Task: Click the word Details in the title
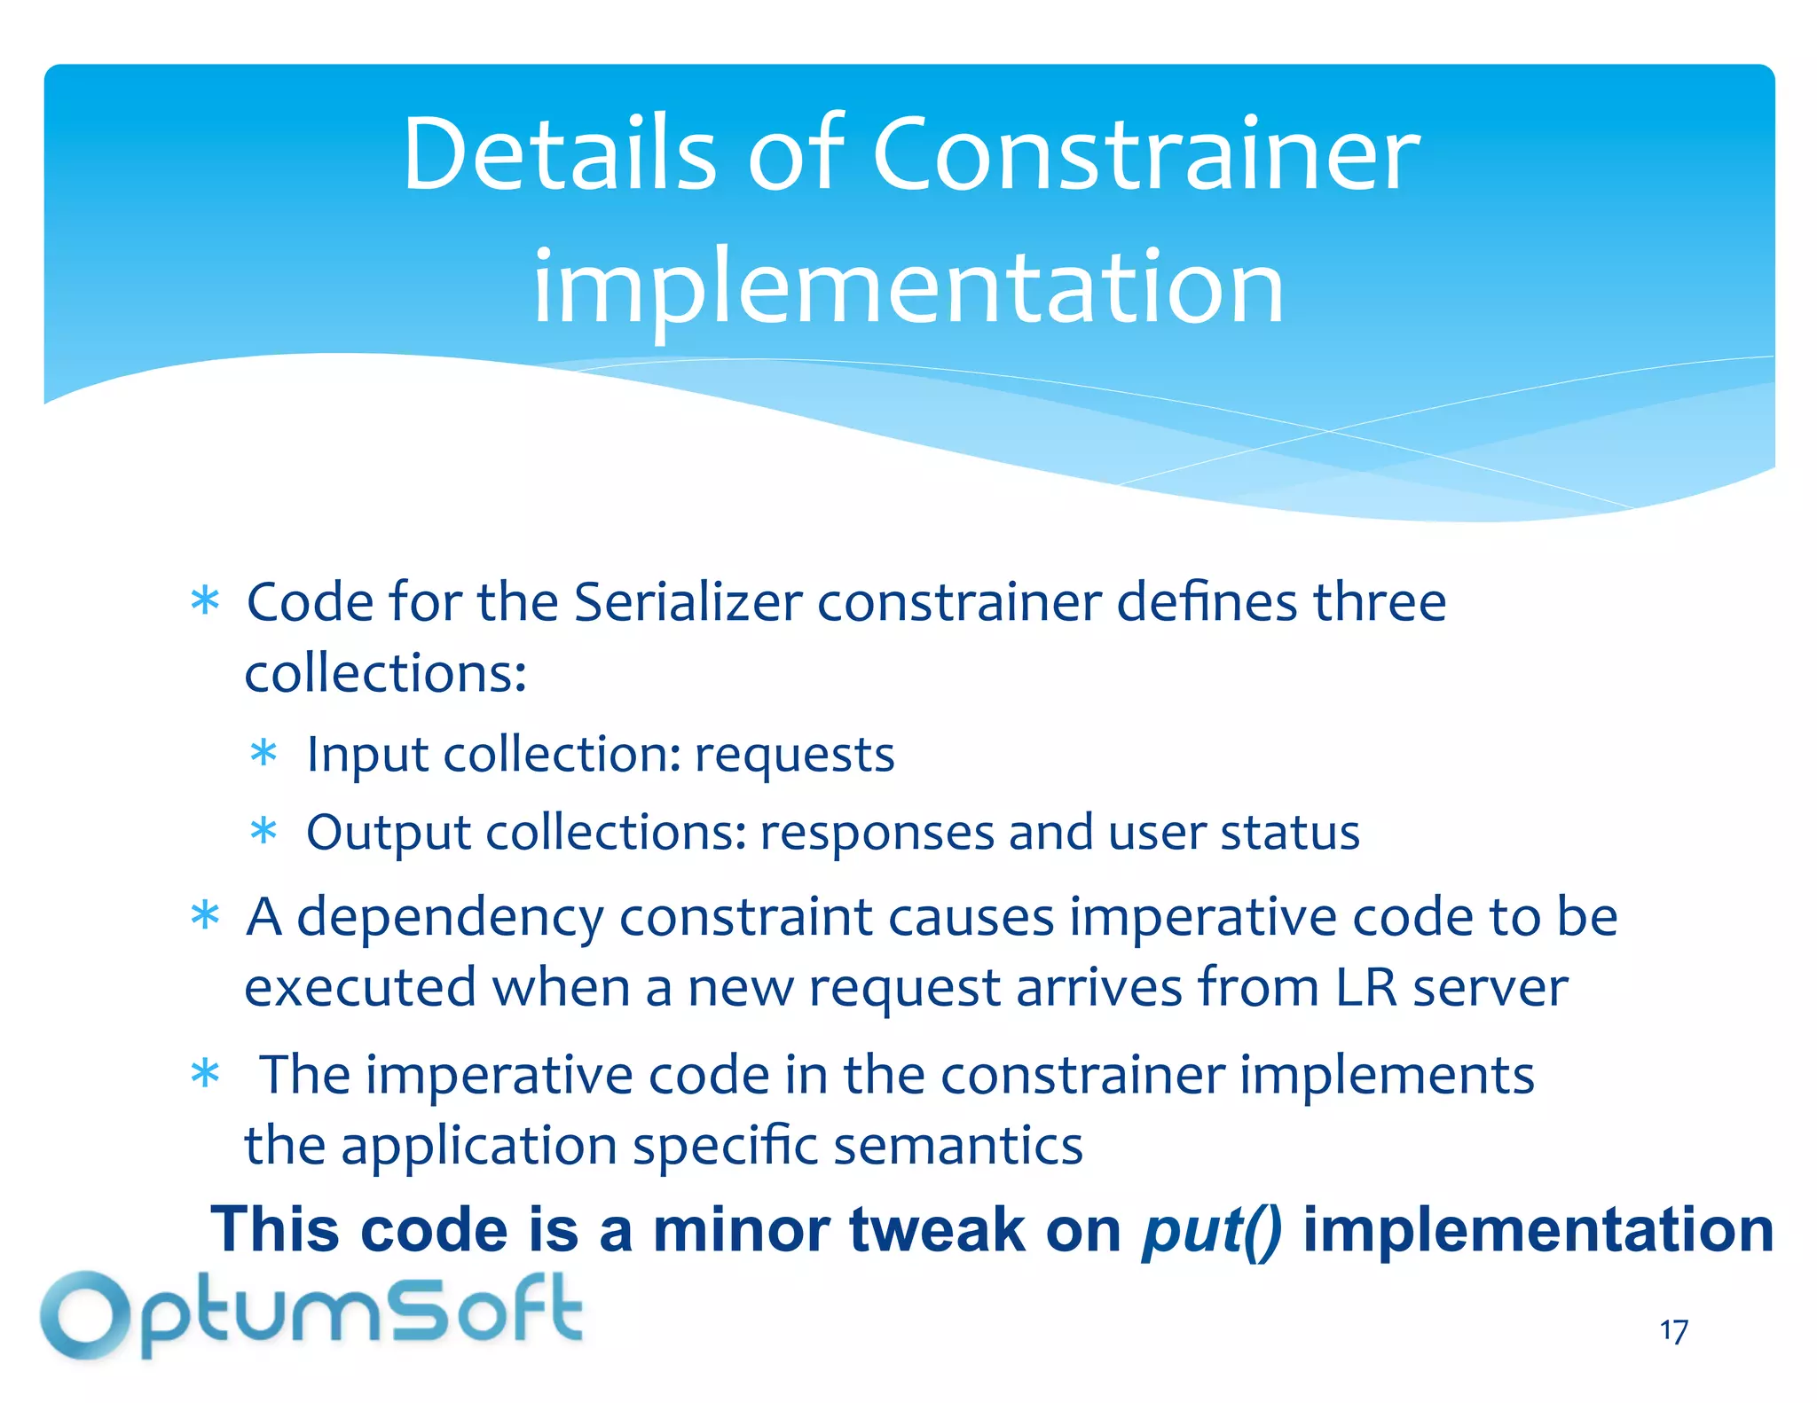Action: (559, 155)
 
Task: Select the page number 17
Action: (1673, 1331)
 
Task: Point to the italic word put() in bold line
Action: (1211, 1230)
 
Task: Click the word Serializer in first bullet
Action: (688, 602)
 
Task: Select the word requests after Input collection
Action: (794, 755)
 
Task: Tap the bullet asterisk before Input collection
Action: (264, 755)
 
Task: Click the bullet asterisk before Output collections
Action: (264, 833)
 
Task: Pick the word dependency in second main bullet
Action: (450, 918)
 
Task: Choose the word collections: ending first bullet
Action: (385, 673)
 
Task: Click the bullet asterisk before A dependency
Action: (205, 916)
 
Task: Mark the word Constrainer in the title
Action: (1146, 155)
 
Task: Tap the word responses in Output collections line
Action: (877, 833)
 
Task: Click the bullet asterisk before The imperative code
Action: (205, 1074)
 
